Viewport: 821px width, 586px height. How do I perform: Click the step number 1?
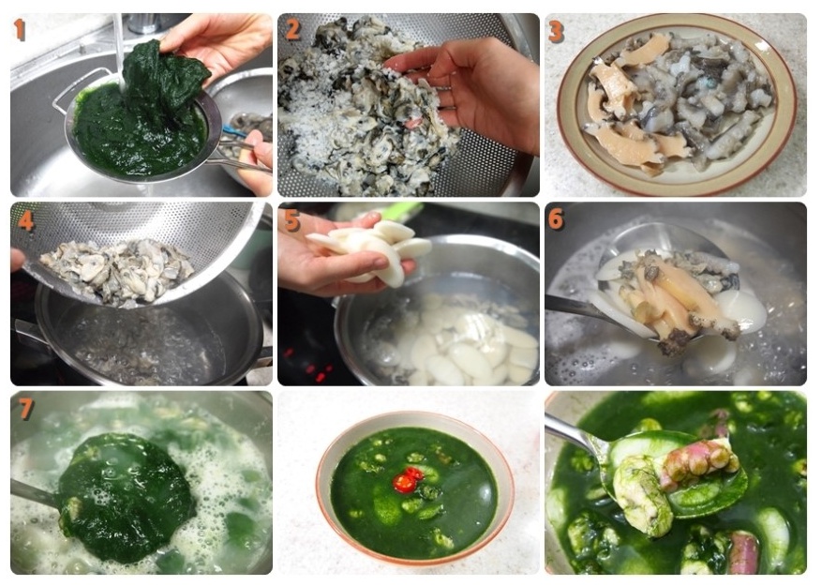click(20, 29)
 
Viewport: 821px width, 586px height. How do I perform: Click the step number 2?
click(292, 29)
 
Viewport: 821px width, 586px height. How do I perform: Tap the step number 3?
click(556, 32)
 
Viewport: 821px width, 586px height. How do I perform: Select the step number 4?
click(25, 220)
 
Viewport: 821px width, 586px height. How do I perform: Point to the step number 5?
click(292, 220)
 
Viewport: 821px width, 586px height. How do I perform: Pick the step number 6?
click(556, 218)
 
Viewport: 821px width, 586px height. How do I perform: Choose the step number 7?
click(26, 410)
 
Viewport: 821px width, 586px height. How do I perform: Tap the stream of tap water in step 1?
click(119, 48)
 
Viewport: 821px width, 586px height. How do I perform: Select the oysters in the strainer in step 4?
click(118, 271)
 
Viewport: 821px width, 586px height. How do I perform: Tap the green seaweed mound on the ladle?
click(126, 498)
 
